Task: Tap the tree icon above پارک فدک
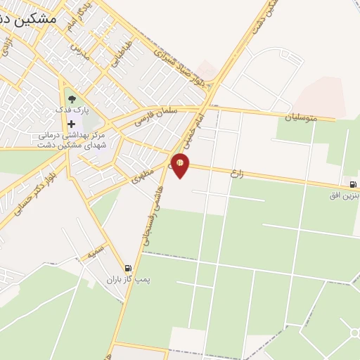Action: pyautogui.click(x=71, y=99)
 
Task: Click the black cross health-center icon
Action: pyautogui.click(x=71, y=124)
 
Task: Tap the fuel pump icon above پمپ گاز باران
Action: pyautogui.click(x=127, y=268)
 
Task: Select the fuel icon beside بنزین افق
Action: pyautogui.click(x=352, y=184)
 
